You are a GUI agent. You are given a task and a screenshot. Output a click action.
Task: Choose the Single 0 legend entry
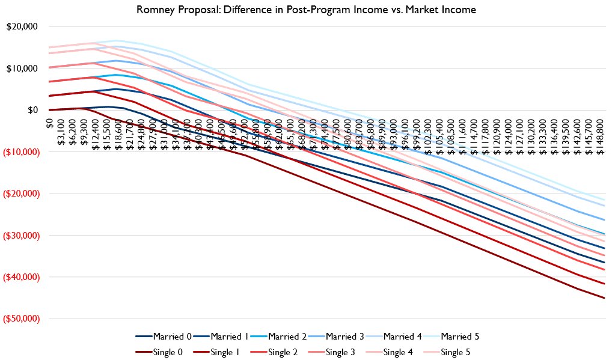click(162, 352)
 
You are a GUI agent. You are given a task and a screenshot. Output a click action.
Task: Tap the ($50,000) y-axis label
click(20, 319)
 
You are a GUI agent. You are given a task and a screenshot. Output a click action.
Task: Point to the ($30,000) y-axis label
click(20, 235)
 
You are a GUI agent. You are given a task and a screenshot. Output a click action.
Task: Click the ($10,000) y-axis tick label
click(20, 152)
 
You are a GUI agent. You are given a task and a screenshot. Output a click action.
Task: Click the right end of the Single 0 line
click(604, 297)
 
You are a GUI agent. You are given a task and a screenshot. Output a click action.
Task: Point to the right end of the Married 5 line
click(604, 200)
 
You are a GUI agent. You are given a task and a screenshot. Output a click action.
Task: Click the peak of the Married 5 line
click(114, 41)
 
